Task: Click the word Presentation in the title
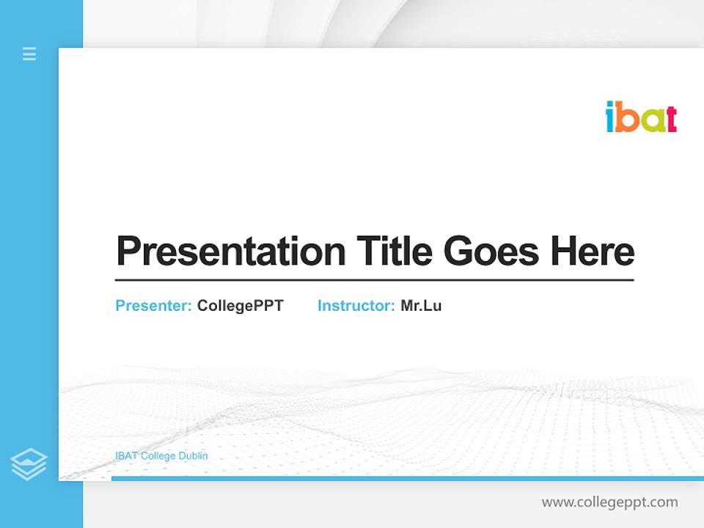(x=230, y=252)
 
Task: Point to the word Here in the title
(x=593, y=252)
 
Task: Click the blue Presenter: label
(x=154, y=306)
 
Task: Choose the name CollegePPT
(x=240, y=306)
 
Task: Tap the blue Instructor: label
(x=356, y=306)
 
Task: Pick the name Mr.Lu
(x=421, y=306)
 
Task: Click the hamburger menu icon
(x=29, y=54)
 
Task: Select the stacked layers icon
(x=29, y=464)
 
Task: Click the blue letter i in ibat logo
(x=609, y=117)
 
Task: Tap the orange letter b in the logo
(x=626, y=117)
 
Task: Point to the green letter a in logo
(x=649, y=120)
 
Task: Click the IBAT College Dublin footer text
(x=161, y=456)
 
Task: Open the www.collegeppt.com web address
(x=609, y=502)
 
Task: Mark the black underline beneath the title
(x=374, y=280)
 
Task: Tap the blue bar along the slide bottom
(x=407, y=478)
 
